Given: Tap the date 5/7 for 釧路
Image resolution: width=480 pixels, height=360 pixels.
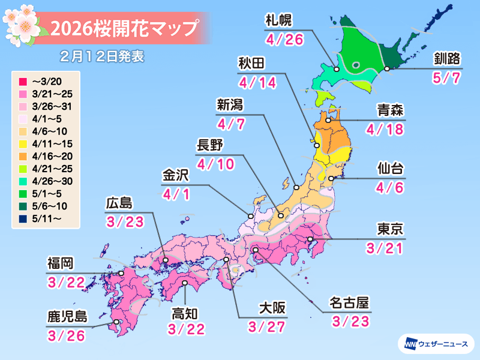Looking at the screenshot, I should tap(444, 79).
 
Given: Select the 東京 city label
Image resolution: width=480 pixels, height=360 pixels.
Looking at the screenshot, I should tap(389, 229).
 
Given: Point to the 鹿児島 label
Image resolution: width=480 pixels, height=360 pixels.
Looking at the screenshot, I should tap(67, 316).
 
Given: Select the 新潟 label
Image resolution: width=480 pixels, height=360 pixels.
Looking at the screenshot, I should tap(230, 105).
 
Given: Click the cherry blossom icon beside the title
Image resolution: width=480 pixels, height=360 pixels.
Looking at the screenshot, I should tap(22, 23).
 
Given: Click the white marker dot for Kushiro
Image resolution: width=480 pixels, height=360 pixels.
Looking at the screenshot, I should tap(388, 69).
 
